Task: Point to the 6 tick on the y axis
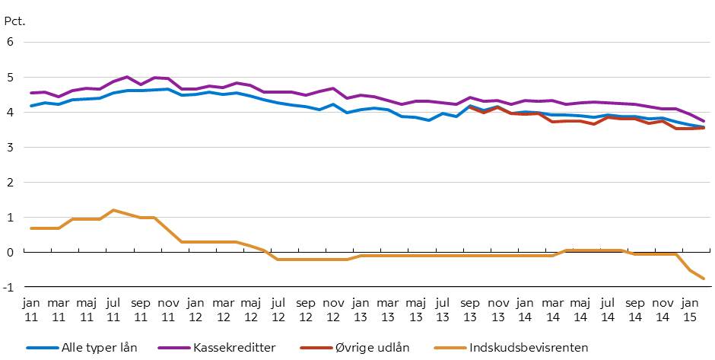click(11, 42)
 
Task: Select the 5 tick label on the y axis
click(11, 77)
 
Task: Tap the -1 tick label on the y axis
click(8, 287)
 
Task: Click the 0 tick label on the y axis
click(11, 252)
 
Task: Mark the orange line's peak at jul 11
click(113, 210)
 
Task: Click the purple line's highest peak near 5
click(127, 77)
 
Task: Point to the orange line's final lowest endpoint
click(704, 279)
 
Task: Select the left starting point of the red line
click(471, 107)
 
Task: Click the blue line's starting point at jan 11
click(31, 106)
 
